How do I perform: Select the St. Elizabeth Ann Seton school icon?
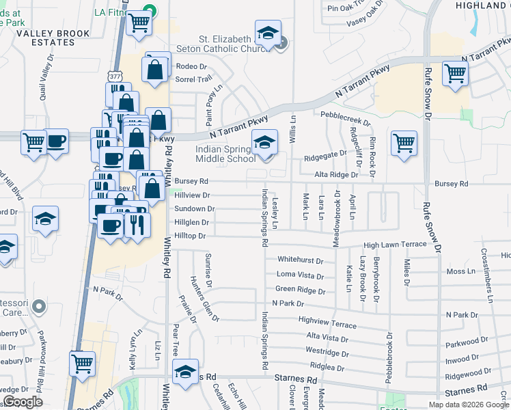268,33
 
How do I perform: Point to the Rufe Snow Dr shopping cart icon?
454,74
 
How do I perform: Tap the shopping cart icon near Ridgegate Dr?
404,143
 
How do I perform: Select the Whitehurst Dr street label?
300,260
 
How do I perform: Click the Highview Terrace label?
322,319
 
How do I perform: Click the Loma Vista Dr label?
300,275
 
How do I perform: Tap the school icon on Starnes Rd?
185,372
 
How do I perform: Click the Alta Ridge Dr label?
336,175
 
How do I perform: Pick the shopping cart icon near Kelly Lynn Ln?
83,364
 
